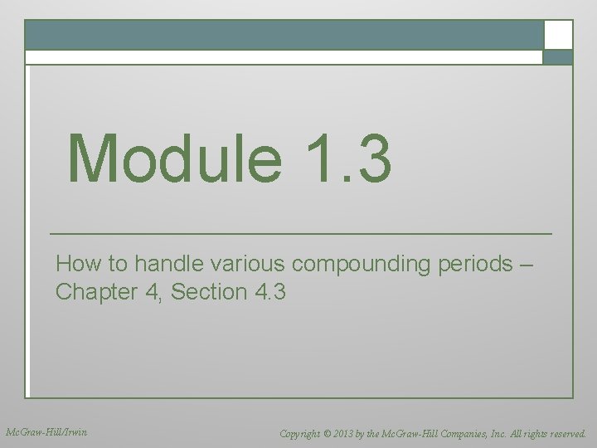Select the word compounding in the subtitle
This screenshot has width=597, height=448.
coord(361,265)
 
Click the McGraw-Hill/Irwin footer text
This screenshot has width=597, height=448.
coord(46,432)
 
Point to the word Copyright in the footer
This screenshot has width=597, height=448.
coord(303,433)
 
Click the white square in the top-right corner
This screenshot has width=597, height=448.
coord(558,35)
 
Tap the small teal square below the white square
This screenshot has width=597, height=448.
coord(558,57)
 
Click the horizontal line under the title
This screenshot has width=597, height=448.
coord(300,234)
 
